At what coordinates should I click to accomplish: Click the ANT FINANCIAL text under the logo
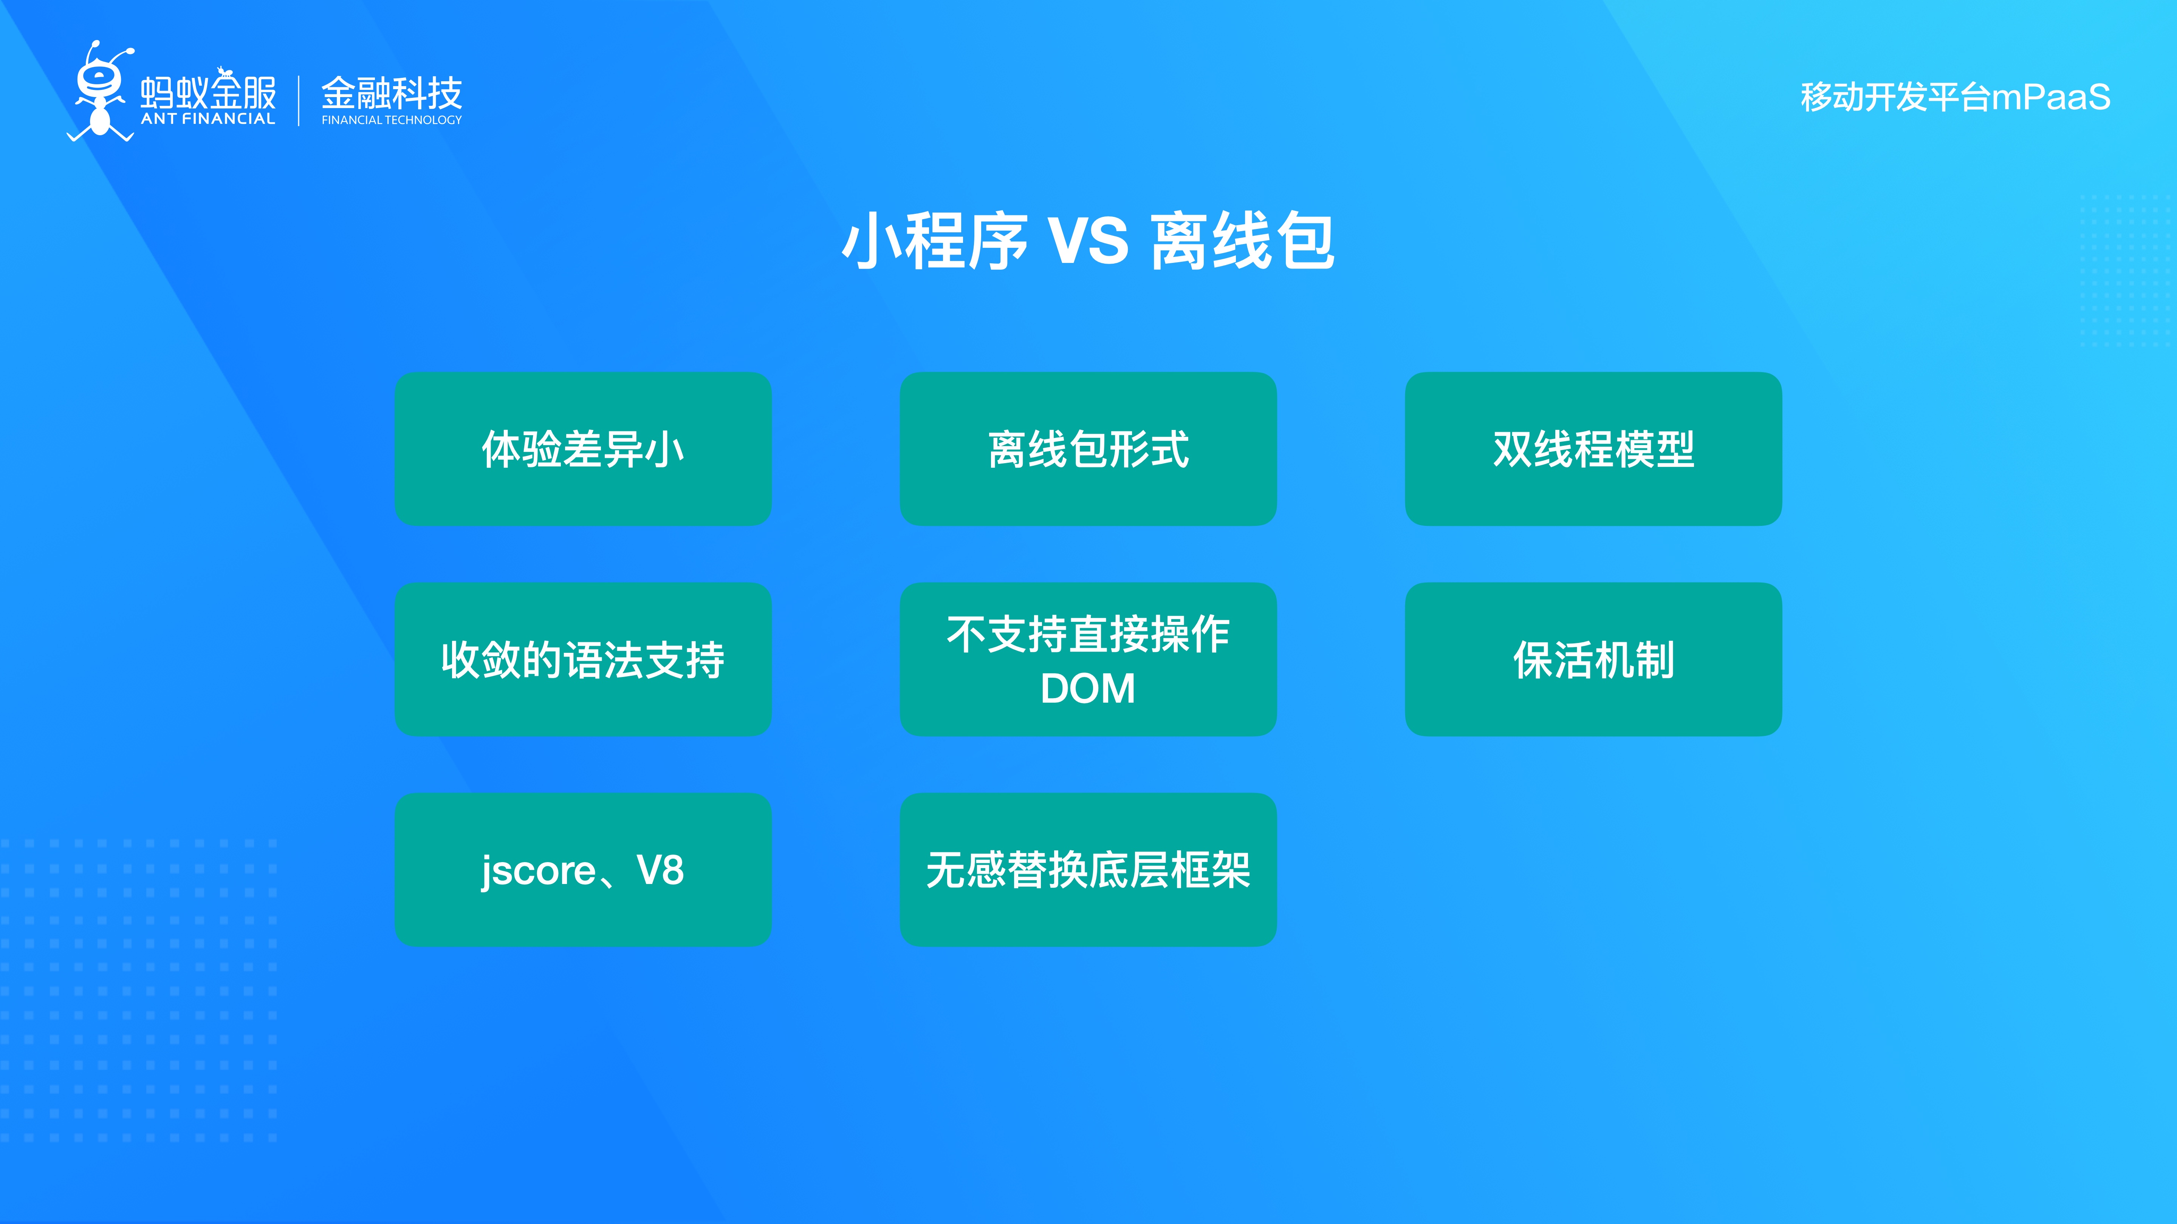(x=208, y=119)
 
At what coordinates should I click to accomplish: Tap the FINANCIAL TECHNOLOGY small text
(x=391, y=120)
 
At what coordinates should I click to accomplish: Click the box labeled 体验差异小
(x=583, y=448)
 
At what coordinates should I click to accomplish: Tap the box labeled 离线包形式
(x=1088, y=448)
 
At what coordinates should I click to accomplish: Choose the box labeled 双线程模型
(x=1593, y=448)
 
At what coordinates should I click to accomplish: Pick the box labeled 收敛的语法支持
(x=583, y=659)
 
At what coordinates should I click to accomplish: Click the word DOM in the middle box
(x=1088, y=688)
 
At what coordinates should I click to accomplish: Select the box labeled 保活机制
(x=1593, y=659)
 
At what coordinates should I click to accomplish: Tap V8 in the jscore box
(x=660, y=870)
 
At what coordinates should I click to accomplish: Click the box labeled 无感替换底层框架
(x=1088, y=870)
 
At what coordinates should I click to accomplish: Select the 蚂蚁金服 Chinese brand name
(x=208, y=91)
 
